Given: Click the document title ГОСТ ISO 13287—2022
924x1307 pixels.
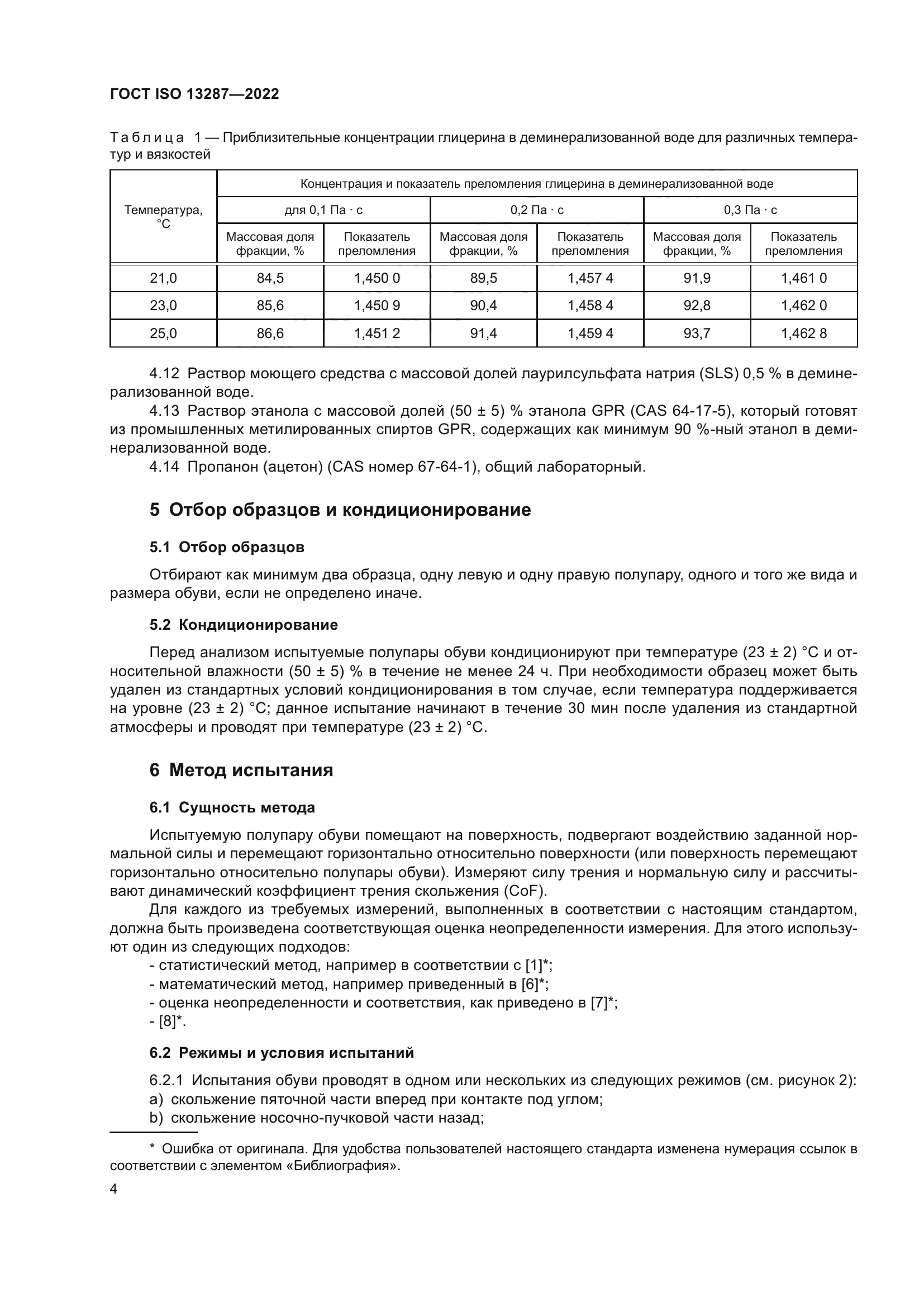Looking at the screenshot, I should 194,94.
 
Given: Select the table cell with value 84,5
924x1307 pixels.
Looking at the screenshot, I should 270,278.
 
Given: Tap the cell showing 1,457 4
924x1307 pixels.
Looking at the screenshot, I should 590,278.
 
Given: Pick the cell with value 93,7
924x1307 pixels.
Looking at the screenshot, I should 697,333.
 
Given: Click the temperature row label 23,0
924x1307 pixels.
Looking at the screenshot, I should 163,306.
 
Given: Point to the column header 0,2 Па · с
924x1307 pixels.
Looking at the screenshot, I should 536,210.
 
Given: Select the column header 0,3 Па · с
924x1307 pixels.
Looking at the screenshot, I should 750,210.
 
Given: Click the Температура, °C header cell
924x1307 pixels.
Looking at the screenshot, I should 163,217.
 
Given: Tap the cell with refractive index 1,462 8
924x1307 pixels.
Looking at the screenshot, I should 803,333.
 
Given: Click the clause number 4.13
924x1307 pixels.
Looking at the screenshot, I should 164,411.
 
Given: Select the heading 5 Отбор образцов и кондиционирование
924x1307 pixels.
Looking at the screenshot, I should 340,510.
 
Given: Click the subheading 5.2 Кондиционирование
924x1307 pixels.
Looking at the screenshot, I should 244,625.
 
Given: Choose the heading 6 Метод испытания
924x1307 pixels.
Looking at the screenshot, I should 241,770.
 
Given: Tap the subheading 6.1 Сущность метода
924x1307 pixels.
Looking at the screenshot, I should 232,807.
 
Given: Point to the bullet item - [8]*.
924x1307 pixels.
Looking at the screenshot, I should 168,1021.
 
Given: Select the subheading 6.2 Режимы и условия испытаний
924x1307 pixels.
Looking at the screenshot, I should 282,1053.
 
